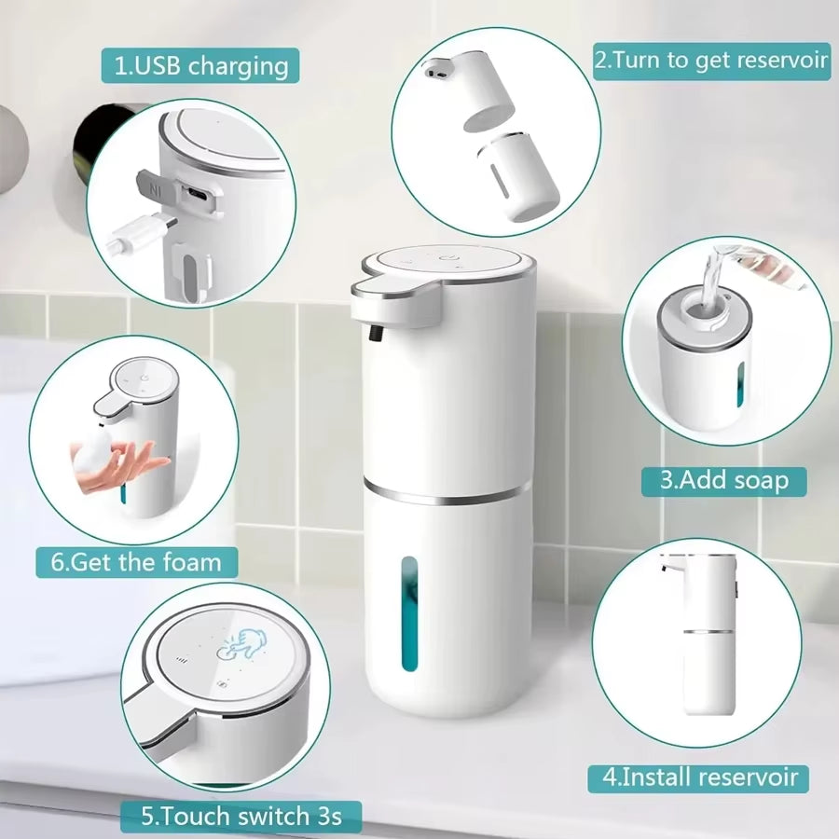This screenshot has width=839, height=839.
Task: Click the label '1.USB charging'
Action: tap(200, 66)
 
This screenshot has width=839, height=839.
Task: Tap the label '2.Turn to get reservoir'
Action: tap(710, 61)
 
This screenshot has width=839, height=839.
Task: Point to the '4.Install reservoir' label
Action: tap(697, 776)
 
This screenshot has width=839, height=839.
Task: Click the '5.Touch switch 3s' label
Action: tap(241, 817)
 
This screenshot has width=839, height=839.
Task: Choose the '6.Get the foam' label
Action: tap(137, 562)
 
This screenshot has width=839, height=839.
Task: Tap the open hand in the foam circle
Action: tap(131, 466)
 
